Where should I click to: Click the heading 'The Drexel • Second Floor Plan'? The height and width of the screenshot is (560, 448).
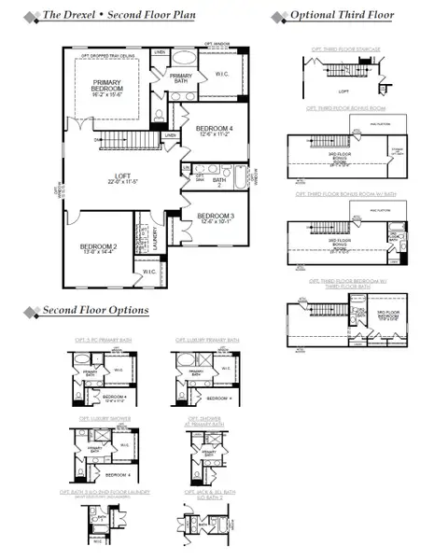(x=120, y=16)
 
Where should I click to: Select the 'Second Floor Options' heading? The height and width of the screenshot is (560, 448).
(x=86, y=310)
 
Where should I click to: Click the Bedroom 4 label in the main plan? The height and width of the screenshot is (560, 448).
(x=215, y=130)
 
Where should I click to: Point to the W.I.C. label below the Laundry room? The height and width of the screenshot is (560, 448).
(x=149, y=272)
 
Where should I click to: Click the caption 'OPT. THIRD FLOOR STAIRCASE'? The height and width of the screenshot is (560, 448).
(x=337, y=49)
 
